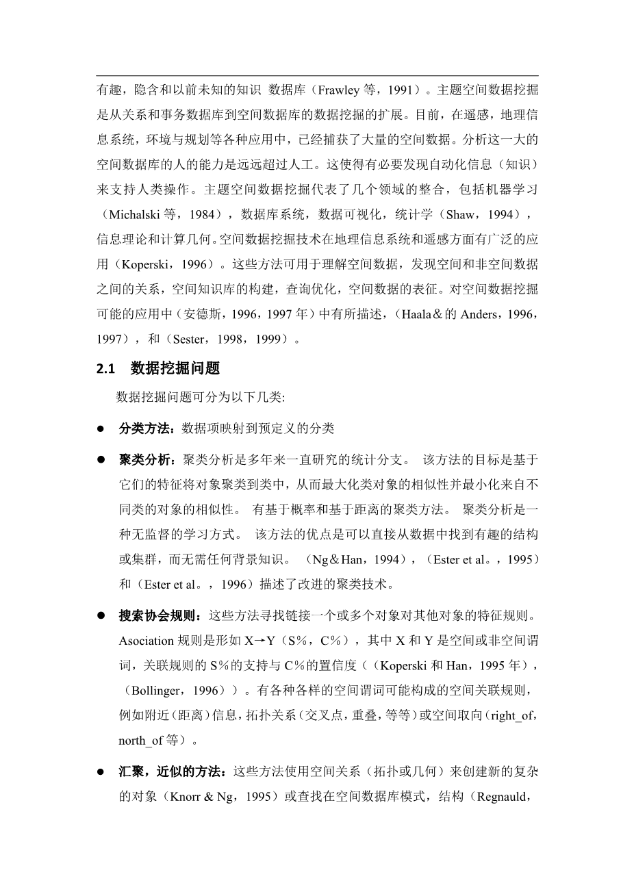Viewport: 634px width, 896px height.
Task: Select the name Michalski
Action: point(133,215)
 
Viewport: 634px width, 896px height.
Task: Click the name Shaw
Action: point(459,215)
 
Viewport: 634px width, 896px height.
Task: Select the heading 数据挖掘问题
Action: point(175,368)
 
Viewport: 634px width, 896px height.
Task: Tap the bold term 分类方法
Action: point(144,428)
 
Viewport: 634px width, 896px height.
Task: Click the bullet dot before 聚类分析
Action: point(100,459)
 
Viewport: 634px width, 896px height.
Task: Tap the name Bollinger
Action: point(155,691)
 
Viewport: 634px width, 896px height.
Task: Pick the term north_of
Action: point(141,741)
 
